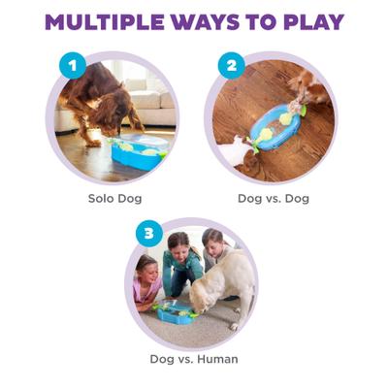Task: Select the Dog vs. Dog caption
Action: click(273, 198)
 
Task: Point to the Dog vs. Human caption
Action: click(193, 360)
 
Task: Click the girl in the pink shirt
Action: click(148, 281)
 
